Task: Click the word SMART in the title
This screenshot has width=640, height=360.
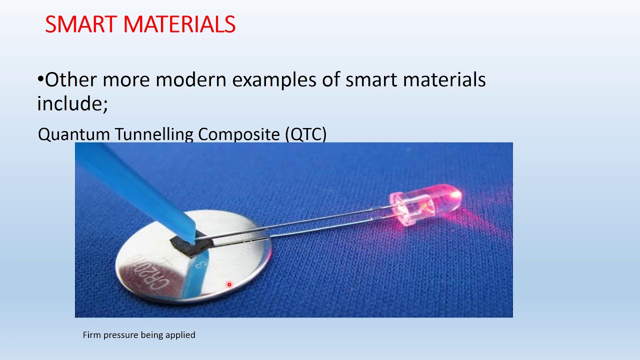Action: pyautogui.click(x=79, y=24)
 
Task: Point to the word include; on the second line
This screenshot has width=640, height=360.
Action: pyautogui.click(x=72, y=103)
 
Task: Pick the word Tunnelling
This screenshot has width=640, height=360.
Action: pyautogui.click(x=154, y=134)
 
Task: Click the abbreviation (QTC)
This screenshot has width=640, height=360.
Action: pyautogui.click(x=306, y=134)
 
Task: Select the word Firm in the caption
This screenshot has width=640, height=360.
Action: pyautogui.click(x=91, y=335)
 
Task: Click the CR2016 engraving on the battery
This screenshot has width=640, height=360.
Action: pyautogui.click(x=145, y=277)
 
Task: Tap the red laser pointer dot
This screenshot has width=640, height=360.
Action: pyautogui.click(x=229, y=284)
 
